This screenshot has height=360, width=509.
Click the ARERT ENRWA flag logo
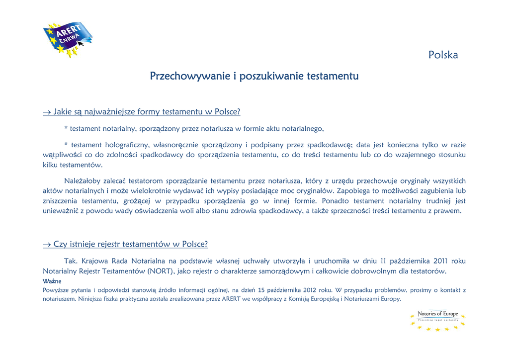[x=68, y=39]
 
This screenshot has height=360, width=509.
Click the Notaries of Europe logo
[x=437, y=320]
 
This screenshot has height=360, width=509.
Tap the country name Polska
[x=443, y=55]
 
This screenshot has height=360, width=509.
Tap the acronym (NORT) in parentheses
[x=160, y=271]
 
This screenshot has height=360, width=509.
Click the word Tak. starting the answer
[x=70, y=261]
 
